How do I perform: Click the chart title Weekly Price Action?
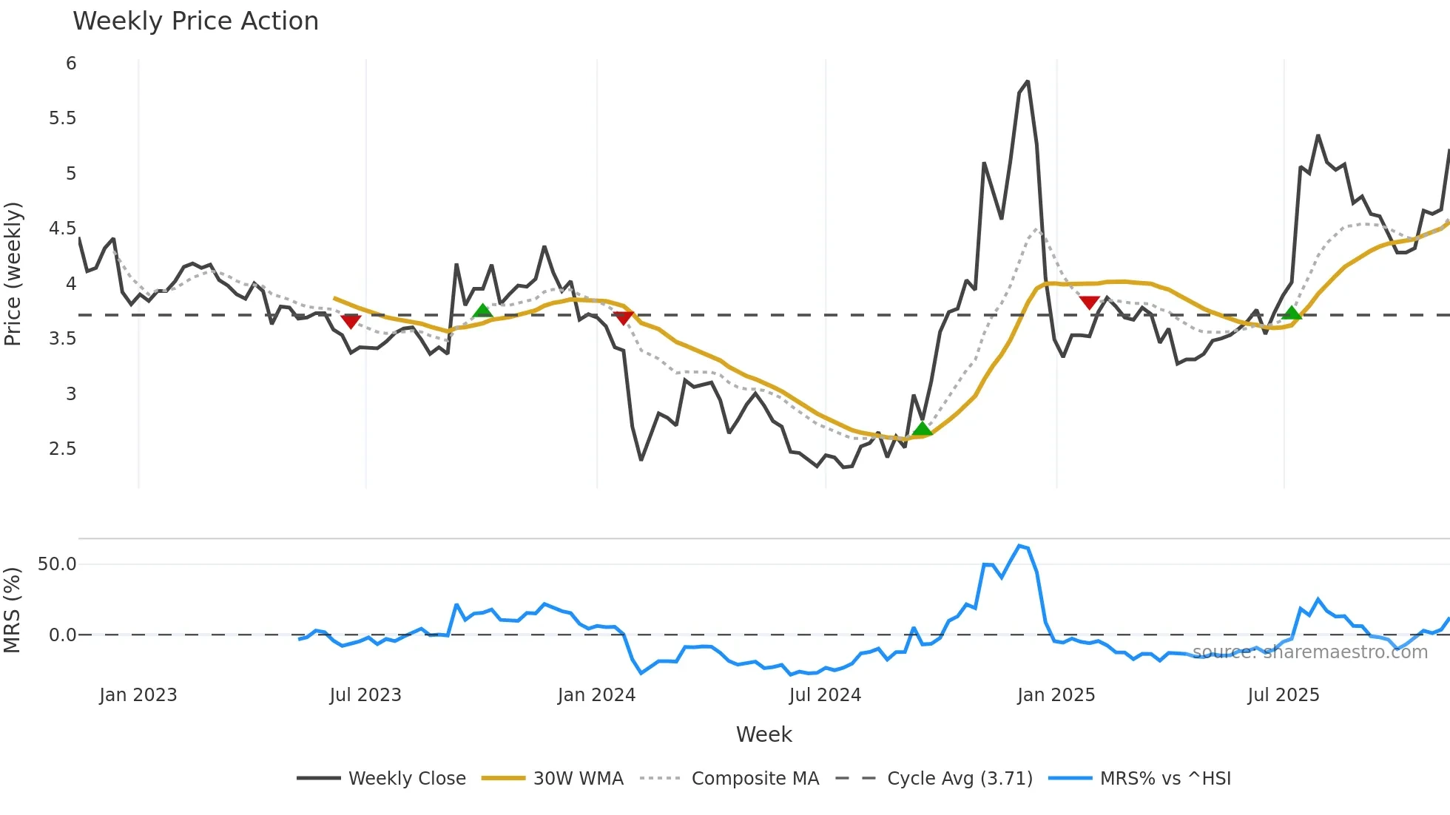[195, 21]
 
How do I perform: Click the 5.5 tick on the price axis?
[62, 118]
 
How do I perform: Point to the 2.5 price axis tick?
[62, 449]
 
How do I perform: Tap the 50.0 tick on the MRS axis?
[57, 564]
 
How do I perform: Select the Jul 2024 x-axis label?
[825, 695]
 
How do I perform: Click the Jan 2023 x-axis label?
[138, 695]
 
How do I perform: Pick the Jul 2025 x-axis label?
[1283, 695]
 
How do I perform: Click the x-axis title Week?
[763, 734]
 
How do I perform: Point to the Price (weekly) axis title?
[13, 274]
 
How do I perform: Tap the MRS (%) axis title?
[12, 610]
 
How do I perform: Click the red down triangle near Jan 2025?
[1089, 302]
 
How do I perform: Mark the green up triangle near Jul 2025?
[1292, 314]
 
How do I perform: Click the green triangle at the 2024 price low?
[922, 429]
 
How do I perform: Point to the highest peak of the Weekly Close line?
[1027, 82]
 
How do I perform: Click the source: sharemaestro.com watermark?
[1309, 652]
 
